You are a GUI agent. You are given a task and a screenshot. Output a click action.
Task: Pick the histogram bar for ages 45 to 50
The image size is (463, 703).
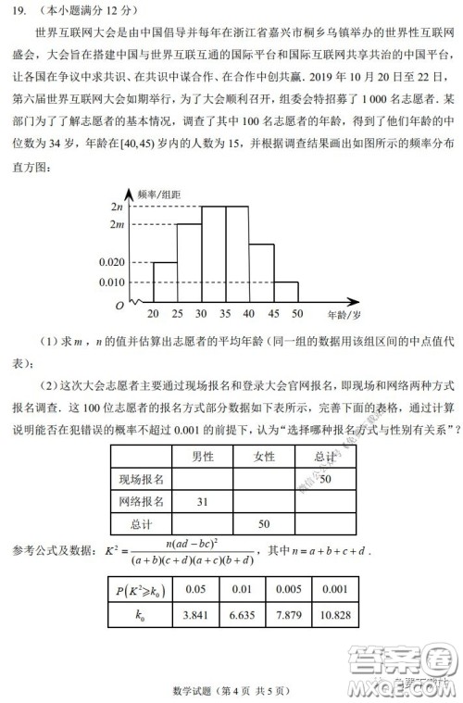[x=285, y=292]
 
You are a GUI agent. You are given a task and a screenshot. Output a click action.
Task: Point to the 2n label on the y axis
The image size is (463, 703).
[x=116, y=206]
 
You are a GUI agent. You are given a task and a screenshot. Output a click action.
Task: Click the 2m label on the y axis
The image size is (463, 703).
[x=116, y=225]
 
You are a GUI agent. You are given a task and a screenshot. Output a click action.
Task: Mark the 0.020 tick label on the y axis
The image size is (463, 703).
[x=110, y=262]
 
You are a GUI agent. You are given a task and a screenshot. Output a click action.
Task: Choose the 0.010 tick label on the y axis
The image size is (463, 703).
[x=110, y=282]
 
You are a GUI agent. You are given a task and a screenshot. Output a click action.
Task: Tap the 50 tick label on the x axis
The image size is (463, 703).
[x=297, y=314]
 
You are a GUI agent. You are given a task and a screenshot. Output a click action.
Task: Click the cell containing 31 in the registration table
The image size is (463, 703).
[x=202, y=501]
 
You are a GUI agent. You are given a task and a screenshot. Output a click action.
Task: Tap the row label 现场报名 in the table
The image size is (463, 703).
[x=141, y=479]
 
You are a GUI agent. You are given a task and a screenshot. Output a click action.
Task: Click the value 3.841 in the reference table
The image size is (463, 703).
[x=194, y=614]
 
